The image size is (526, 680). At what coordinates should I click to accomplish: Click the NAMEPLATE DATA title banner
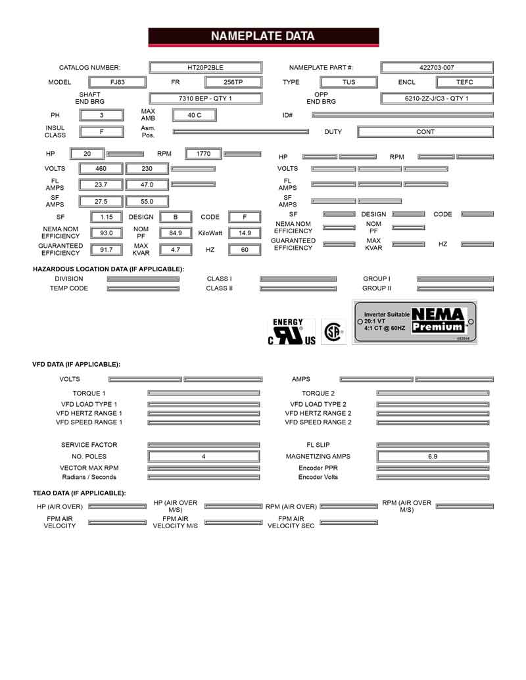[x=263, y=37]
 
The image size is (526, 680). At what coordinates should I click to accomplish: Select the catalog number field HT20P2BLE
[x=206, y=68]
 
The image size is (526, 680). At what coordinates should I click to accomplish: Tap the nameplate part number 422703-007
[x=437, y=68]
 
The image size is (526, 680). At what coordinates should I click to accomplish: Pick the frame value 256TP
[x=233, y=83]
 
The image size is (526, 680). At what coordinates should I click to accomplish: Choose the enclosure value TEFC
[x=465, y=83]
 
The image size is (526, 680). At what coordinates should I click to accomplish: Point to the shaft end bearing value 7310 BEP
[x=206, y=99]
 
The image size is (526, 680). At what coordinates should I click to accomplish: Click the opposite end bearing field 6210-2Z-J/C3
[x=437, y=99]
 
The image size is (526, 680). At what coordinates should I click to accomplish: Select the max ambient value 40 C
[x=194, y=115]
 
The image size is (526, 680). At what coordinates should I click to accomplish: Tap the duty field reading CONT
[x=425, y=132]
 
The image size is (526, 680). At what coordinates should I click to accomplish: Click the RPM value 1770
[x=203, y=154]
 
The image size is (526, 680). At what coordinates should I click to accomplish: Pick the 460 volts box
[x=101, y=169]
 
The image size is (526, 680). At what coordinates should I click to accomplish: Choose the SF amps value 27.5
[x=101, y=202]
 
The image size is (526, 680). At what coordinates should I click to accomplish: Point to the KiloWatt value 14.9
[x=245, y=233]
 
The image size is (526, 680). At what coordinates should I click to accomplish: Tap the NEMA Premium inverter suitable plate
[x=415, y=323]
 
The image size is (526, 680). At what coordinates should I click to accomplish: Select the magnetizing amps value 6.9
[x=433, y=456]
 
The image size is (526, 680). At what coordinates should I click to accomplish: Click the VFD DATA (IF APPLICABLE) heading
[x=76, y=364]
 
